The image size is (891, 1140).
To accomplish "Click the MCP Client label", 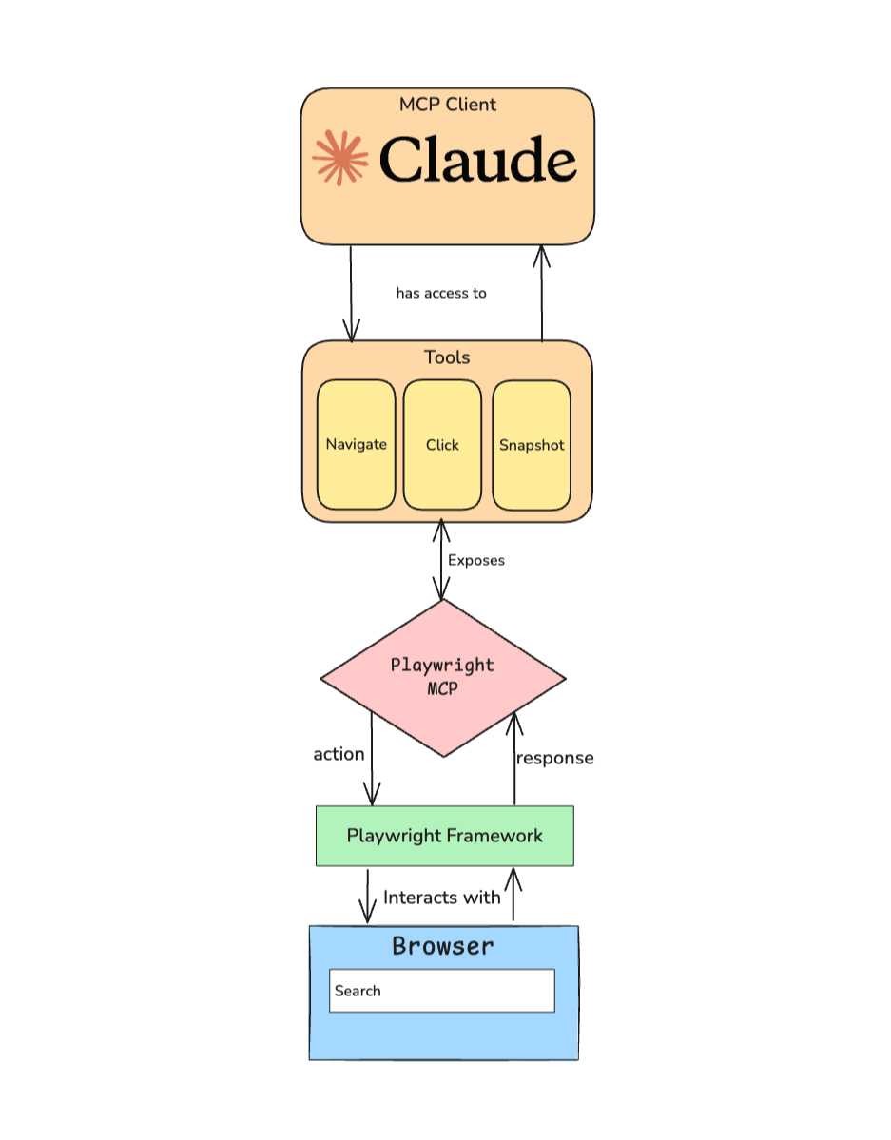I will (x=447, y=105).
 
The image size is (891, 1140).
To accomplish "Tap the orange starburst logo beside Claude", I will (x=339, y=157).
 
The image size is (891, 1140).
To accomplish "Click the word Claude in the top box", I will (x=477, y=160).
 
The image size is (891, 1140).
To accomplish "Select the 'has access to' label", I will (x=441, y=293).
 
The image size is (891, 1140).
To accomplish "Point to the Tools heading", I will (x=447, y=357).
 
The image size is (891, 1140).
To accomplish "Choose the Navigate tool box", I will (x=357, y=444).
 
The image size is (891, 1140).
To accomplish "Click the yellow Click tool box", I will (x=442, y=444).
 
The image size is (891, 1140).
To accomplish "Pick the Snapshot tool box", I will (x=532, y=444).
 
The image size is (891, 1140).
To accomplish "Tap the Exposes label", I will (x=475, y=560).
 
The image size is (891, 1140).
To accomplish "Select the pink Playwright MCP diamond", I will (x=443, y=677).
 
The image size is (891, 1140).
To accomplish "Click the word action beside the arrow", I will (x=339, y=754).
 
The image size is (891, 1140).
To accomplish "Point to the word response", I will (x=554, y=758).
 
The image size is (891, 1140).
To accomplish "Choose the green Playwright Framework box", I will (x=444, y=836).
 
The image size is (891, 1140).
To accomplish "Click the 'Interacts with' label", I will (x=441, y=897).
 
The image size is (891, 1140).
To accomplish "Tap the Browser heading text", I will (x=443, y=946).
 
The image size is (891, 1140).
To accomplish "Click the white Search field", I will (x=442, y=991).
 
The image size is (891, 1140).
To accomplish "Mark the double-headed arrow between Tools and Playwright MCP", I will (x=440, y=560).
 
